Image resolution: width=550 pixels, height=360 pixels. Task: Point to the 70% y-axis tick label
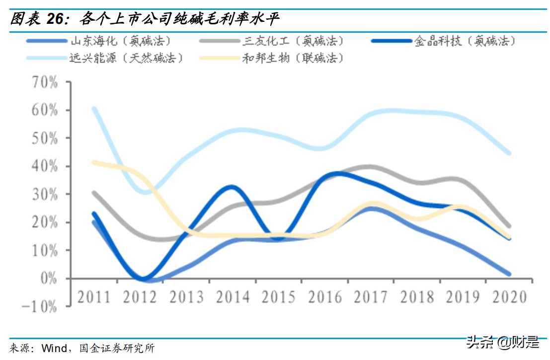tap(45, 82)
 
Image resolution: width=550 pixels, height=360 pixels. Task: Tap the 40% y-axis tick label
tap(45, 166)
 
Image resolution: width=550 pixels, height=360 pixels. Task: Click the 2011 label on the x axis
tap(94, 297)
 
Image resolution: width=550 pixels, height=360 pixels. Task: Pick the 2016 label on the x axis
tap(325, 297)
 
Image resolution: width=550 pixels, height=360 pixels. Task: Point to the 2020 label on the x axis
tap(510, 297)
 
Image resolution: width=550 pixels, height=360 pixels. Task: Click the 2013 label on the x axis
tap(186, 297)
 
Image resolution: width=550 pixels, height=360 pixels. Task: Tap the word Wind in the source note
tap(54, 348)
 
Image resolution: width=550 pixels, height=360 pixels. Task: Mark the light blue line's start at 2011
tap(94, 108)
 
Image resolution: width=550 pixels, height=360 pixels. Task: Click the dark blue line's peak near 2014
tap(232, 187)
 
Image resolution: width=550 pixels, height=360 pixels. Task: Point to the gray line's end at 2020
tap(509, 226)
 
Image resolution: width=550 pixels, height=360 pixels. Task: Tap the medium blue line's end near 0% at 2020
tap(509, 274)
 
